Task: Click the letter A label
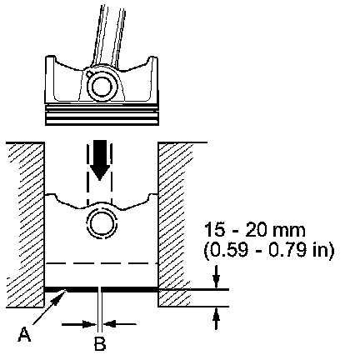tap(24, 334)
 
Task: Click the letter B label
tap(100, 343)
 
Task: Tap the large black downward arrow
tap(100, 160)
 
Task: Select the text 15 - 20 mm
tap(254, 230)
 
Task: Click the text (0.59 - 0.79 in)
tap(269, 250)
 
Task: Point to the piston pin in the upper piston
tap(101, 87)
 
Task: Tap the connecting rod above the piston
tap(107, 36)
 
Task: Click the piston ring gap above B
tap(100, 290)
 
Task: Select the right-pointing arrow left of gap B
tap(79, 324)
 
